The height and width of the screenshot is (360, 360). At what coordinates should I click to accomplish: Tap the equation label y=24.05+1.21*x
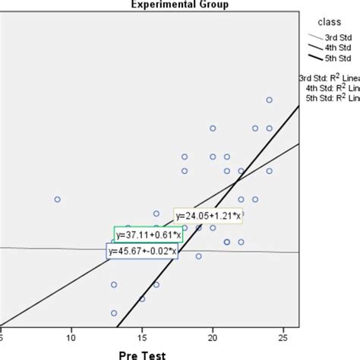click(x=209, y=216)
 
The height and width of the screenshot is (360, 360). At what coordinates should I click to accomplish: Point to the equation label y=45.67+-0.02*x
click(x=142, y=251)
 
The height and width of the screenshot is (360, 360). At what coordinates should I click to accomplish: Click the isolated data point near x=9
click(x=57, y=199)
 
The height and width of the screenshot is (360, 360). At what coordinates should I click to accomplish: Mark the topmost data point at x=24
click(x=269, y=100)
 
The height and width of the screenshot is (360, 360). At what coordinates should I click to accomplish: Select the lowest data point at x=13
click(x=114, y=313)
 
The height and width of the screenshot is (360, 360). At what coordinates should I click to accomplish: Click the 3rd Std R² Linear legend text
click(x=331, y=76)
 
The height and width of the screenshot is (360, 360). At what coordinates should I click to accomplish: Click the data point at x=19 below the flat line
click(x=198, y=256)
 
